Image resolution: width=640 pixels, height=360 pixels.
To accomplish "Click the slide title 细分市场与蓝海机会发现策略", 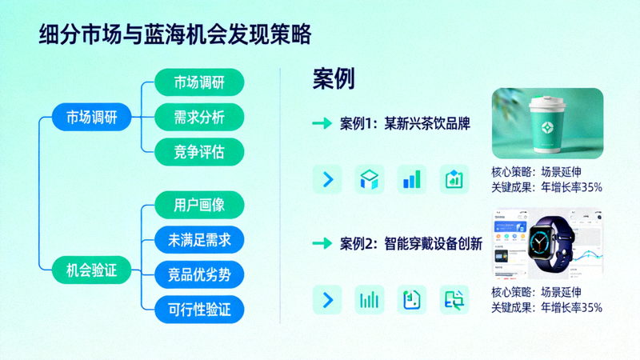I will point(175,36).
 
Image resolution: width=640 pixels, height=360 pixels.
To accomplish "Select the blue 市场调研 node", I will point(85,118).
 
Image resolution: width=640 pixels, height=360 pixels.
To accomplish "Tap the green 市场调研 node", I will point(198,83).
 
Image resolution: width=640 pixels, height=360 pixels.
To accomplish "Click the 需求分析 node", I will point(198,118).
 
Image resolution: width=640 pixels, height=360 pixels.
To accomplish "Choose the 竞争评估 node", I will point(198,152).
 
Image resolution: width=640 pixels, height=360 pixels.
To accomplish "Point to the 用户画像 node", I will point(198,205).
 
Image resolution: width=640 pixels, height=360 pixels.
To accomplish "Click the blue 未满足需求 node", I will point(198,239).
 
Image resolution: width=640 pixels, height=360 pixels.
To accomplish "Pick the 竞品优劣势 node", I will point(198,274).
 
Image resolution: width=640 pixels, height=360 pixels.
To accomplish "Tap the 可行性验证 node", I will point(198,308).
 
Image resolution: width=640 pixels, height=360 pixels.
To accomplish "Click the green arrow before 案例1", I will point(322,123).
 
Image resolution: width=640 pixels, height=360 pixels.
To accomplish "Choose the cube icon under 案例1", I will point(370,179).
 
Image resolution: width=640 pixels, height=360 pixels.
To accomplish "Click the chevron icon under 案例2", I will point(326,300).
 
